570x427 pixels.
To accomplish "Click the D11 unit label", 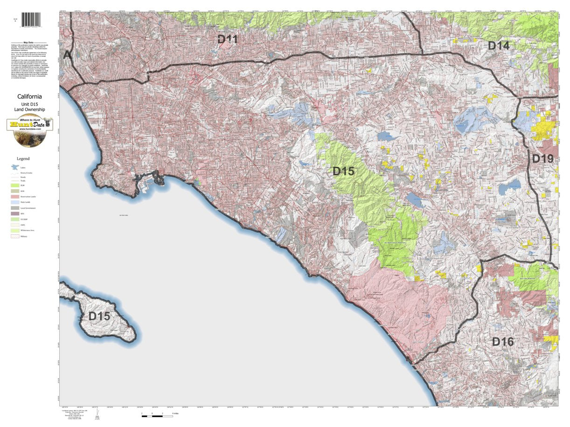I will tap(228, 40).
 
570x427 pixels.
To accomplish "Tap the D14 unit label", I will tap(499, 46).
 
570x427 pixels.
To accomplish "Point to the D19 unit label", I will tap(542, 159).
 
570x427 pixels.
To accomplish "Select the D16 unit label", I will tap(503, 342).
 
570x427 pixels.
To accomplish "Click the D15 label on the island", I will tap(99, 316).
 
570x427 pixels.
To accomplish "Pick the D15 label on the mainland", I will tap(343, 171).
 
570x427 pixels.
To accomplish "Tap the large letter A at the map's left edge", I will tap(67, 55).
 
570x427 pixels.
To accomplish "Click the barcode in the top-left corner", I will tap(31, 20).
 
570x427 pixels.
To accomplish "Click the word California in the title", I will tap(30, 97).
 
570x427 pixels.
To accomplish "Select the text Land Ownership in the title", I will tap(30, 109).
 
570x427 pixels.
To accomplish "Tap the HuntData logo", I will tap(30, 130).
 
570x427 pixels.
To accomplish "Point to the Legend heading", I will tap(23, 159).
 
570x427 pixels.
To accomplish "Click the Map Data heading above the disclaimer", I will tap(30, 42).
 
